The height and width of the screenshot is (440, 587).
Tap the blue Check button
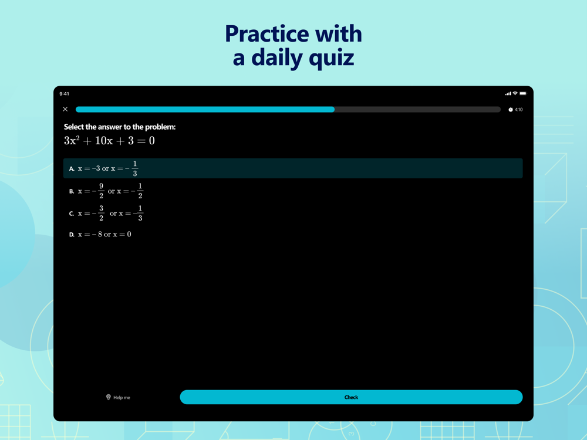351,397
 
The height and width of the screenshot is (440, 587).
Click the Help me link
118,397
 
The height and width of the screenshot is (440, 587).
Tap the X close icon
65,109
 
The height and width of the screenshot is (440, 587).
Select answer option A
293,168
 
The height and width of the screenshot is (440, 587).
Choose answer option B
106,191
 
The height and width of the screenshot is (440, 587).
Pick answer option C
106,214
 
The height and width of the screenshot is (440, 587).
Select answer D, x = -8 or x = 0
100,235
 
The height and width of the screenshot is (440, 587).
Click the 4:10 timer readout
518,110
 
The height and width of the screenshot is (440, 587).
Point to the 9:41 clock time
64,93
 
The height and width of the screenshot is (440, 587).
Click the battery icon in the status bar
523,93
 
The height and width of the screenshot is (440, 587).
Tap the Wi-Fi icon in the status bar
515,93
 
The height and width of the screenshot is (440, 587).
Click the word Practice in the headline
267,35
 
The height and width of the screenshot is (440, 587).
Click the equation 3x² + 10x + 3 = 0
109,140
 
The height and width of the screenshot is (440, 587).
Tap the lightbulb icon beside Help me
109,397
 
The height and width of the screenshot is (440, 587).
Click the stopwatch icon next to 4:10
510,110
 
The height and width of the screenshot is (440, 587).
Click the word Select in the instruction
74,127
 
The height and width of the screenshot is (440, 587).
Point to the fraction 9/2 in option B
101,191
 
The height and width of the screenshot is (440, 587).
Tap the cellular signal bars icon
508,93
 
